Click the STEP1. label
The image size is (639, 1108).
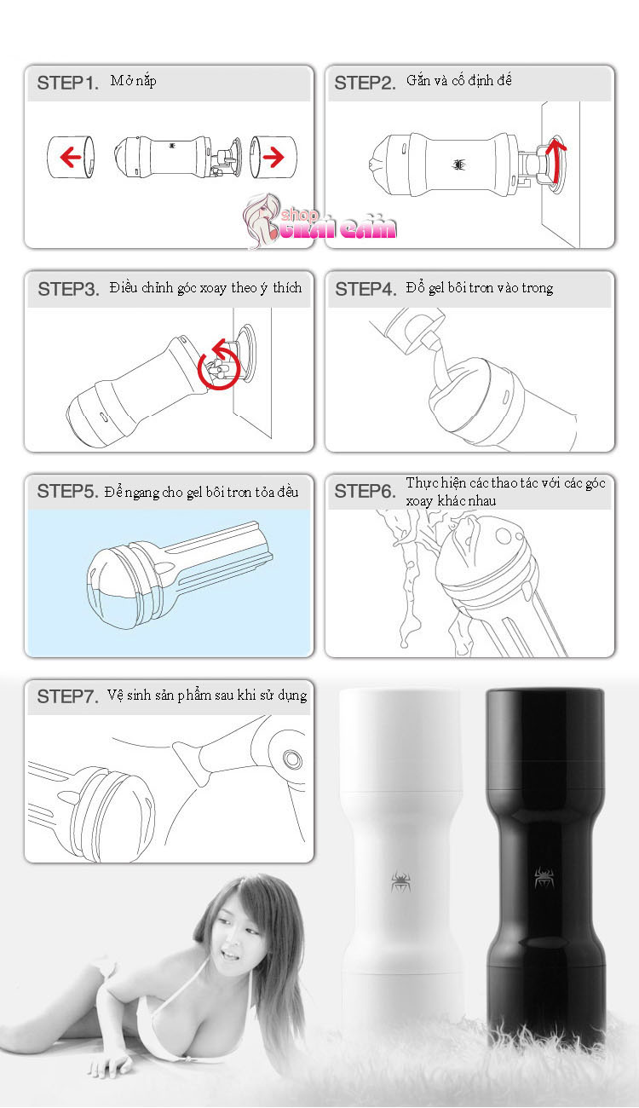click(x=68, y=84)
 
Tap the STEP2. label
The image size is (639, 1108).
click(x=365, y=84)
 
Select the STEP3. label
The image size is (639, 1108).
click(x=69, y=289)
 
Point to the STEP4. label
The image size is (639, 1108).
click(x=366, y=289)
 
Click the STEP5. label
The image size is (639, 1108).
click(x=68, y=491)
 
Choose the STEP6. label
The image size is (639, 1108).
click(x=365, y=491)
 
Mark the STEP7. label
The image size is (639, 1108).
click(x=68, y=696)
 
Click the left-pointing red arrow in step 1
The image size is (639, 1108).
click(x=71, y=157)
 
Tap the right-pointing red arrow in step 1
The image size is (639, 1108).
click(x=273, y=157)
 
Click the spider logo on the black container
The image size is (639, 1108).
click(x=544, y=878)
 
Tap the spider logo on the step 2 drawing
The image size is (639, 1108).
click(x=459, y=164)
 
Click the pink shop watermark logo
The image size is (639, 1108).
click(x=319, y=222)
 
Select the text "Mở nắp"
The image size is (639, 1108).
click(x=134, y=81)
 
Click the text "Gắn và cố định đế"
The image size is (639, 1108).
click(x=459, y=81)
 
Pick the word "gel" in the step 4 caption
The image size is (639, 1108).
click(x=437, y=288)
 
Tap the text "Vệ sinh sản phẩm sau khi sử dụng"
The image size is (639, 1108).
click(x=207, y=695)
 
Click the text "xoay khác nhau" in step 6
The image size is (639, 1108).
click(x=451, y=501)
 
